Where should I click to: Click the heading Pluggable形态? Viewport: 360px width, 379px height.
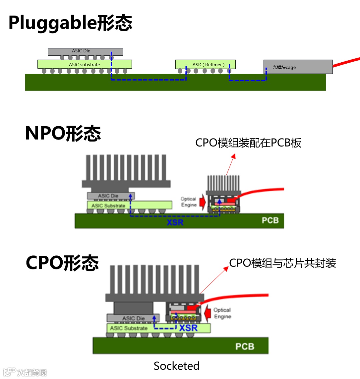[70, 23]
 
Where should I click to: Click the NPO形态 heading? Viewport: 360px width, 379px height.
[63, 134]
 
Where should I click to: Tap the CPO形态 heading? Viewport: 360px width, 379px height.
[62, 262]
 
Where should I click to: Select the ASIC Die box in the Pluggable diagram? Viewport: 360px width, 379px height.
[85, 51]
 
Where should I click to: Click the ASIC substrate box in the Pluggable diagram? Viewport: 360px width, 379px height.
[84, 64]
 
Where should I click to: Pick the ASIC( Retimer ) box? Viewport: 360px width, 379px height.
[205, 64]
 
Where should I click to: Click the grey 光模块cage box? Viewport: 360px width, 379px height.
[298, 67]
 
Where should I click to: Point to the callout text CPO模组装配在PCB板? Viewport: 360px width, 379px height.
[248, 143]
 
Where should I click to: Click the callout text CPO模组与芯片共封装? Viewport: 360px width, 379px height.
[282, 263]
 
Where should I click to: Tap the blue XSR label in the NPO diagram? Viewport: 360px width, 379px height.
[175, 222]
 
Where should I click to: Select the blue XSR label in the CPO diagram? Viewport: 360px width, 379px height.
[188, 328]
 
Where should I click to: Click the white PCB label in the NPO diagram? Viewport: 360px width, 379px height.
[270, 220]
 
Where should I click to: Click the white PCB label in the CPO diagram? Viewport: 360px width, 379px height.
[245, 347]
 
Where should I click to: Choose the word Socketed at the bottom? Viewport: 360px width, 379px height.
[176, 366]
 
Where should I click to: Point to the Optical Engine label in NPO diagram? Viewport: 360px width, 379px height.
[188, 202]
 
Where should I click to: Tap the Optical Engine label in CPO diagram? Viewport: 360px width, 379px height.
[222, 313]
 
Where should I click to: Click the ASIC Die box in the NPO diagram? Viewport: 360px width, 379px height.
[110, 196]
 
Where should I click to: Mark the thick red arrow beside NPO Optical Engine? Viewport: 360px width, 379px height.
[202, 201]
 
